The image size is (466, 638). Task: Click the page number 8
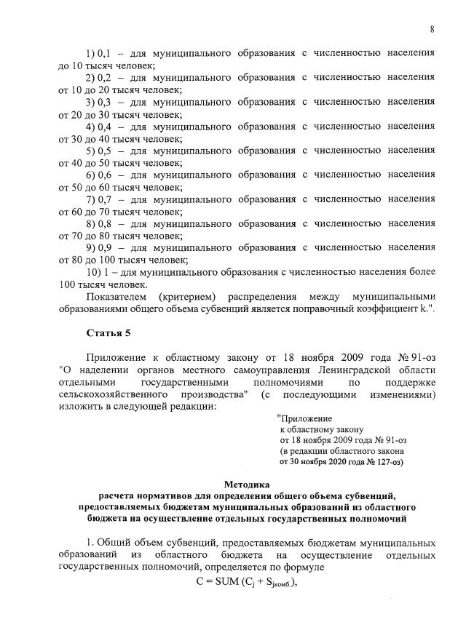click(x=432, y=28)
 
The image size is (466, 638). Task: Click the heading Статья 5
click(x=111, y=333)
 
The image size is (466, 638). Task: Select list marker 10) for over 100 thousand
click(x=94, y=271)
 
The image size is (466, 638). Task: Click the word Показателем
click(x=116, y=296)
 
